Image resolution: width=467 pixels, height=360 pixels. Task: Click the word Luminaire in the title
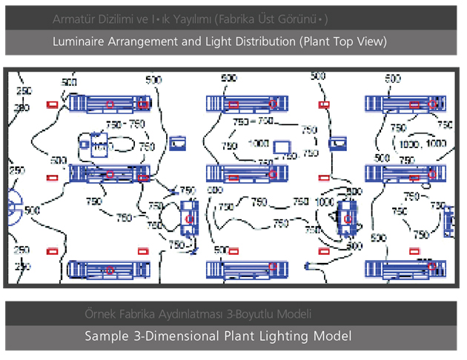(79, 42)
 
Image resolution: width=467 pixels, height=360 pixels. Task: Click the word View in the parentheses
(370, 42)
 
